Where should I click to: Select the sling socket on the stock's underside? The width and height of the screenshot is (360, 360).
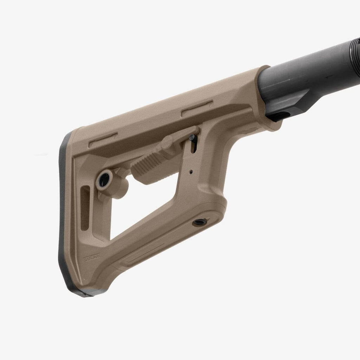(200, 222)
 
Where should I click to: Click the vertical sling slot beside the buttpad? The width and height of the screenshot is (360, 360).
(85, 208)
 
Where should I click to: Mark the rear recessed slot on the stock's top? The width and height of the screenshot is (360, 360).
(103, 140)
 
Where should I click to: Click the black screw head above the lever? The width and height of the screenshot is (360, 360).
(192, 138)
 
